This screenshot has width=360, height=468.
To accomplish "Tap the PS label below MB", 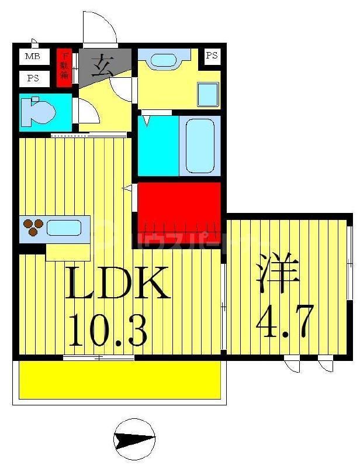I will click(33, 78).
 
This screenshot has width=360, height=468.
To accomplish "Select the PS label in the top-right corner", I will click(212, 56).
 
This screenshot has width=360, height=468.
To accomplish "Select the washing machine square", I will click(207, 94).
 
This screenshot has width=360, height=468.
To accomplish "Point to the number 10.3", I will click(108, 329).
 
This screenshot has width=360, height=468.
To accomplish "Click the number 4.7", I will click(285, 321).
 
